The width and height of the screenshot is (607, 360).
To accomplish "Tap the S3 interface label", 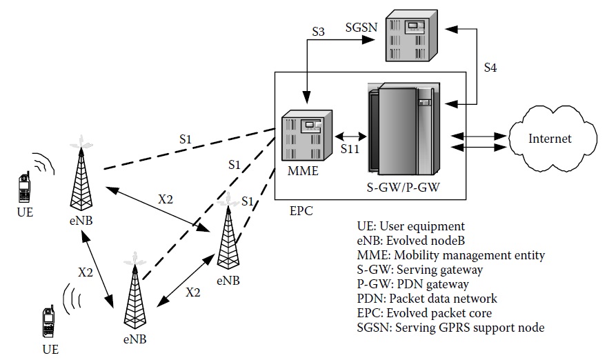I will point(318,32).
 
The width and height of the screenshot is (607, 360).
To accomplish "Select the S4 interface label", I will point(490,68).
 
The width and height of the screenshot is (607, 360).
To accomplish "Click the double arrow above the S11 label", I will point(352,134).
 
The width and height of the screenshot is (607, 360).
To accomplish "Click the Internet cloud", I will point(549,139).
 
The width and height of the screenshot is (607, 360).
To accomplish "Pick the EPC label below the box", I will point(301,211).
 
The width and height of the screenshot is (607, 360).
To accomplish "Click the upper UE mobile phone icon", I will point(24,185).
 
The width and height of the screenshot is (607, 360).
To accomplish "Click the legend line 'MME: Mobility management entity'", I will point(448,255).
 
